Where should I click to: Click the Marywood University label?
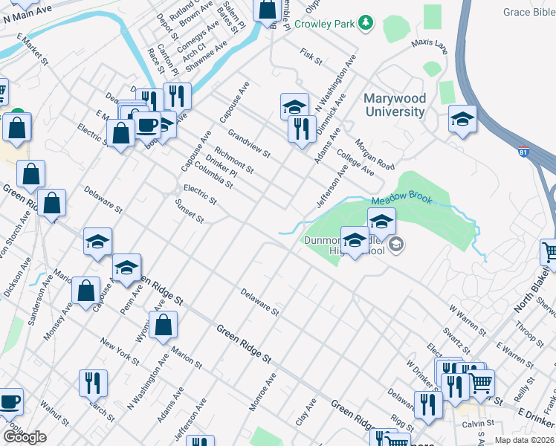[395, 106]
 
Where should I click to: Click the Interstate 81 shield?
[524, 150]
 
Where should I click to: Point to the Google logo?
[25, 437]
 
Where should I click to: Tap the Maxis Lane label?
[430, 48]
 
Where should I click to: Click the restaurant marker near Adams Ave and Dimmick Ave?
[301, 129]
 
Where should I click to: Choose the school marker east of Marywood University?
[462, 119]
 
